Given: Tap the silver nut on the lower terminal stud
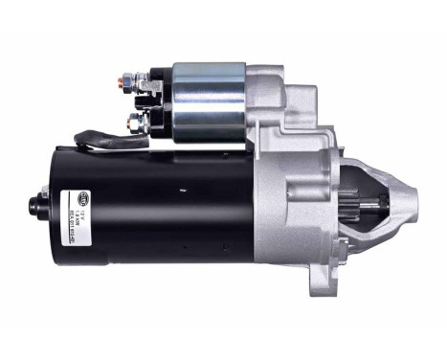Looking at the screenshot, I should (141, 123).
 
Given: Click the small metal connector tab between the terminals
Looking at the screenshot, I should (145, 101).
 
